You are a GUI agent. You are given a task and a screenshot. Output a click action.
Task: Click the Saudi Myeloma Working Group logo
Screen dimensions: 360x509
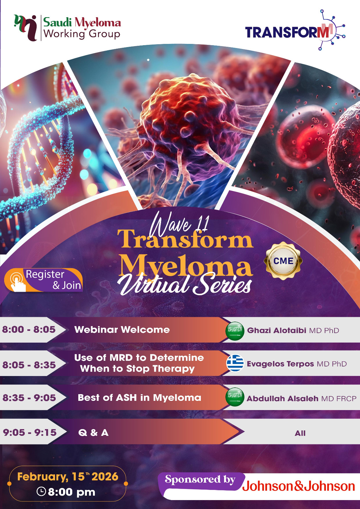coord(67,28)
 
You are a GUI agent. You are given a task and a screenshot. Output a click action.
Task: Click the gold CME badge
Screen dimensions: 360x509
coord(283,261)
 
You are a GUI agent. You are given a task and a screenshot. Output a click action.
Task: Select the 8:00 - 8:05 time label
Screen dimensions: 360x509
coord(29,329)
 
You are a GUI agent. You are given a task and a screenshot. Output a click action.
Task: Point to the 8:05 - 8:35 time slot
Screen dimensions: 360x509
coord(29,365)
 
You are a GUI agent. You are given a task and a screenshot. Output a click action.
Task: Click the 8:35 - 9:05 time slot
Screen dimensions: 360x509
coord(29,398)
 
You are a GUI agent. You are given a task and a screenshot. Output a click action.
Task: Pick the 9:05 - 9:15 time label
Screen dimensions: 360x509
coord(30,432)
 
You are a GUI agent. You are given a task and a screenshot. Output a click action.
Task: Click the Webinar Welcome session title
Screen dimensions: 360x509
coord(122,330)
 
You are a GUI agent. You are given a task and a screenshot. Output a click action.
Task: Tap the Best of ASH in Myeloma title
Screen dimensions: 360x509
coord(139,398)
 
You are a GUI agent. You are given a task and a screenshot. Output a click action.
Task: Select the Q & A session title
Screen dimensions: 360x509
coord(93,433)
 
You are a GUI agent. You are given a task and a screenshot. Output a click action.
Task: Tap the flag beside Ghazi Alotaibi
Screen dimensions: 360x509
coord(235,330)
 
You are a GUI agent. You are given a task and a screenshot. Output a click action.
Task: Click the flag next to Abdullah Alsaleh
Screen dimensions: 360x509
coord(235,397)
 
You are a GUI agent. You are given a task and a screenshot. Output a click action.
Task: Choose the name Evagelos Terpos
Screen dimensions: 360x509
coord(280,364)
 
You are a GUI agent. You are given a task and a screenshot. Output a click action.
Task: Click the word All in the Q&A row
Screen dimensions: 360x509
coord(300,433)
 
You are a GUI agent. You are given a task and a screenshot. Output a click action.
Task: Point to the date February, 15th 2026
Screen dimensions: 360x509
coord(68,477)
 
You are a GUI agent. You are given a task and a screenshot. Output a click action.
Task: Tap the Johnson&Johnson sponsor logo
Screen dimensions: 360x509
coord(298,486)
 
